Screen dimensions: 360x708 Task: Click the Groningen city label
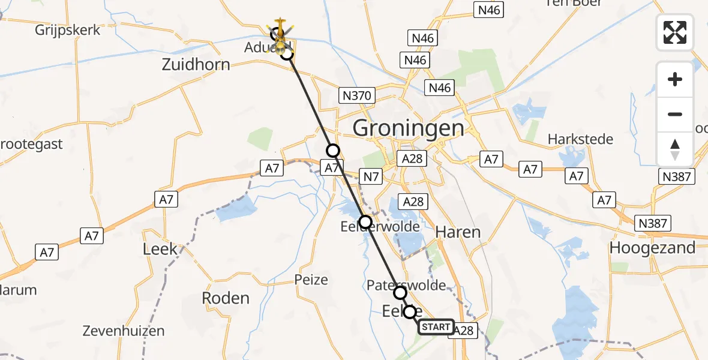[x=408, y=128]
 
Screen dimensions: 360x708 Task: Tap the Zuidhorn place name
[x=196, y=64]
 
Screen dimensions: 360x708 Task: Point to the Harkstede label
[x=580, y=139]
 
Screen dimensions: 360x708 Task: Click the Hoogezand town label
[x=652, y=247]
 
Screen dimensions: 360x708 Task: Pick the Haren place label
[x=458, y=232]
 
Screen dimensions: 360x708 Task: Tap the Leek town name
[x=160, y=249]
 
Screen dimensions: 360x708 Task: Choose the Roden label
[x=225, y=298]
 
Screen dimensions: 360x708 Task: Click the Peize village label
[x=311, y=279]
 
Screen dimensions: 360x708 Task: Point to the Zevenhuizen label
[x=125, y=330]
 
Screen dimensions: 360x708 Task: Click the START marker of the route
[x=436, y=327]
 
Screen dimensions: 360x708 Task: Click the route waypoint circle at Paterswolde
[x=400, y=293]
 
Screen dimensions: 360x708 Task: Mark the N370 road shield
[x=357, y=95]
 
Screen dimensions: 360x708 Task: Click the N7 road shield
[x=370, y=175]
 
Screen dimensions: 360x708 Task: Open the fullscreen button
[x=675, y=32]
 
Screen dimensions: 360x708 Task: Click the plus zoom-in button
[x=675, y=79]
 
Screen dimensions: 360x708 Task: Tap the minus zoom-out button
[x=675, y=114]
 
